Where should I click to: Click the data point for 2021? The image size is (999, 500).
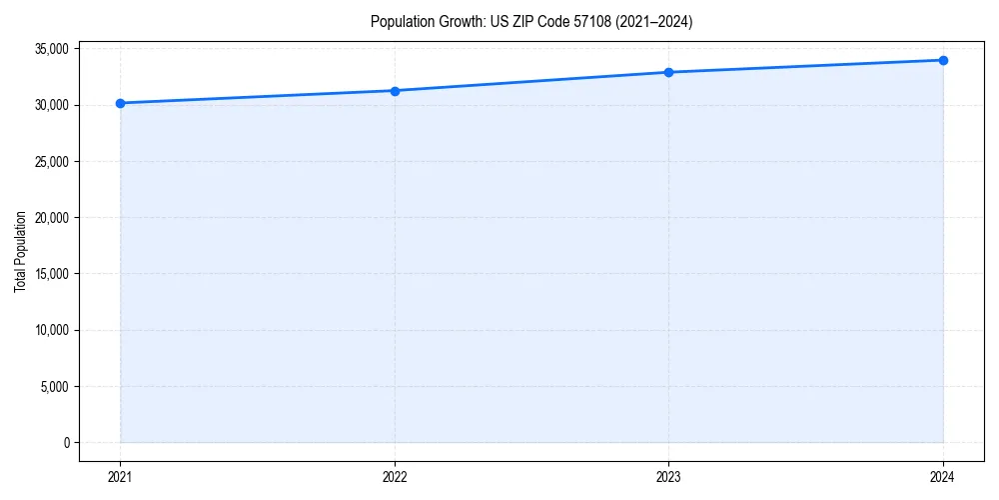tap(120, 103)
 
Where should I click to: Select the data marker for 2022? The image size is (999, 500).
tap(395, 91)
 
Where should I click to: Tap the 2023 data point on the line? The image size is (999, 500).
tap(668, 72)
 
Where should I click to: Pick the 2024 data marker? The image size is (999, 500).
tap(943, 60)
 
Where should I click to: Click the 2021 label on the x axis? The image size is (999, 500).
tap(120, 477)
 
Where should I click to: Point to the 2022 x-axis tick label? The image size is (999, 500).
tap(395, 477)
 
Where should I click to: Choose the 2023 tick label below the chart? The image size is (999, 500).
tap(668, 477)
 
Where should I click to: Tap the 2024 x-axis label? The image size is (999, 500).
tap(943, 477)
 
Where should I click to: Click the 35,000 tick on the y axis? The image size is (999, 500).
tap(51, 49)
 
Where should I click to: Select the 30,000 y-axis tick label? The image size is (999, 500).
tap(51, 105)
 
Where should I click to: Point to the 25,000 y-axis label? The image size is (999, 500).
tap(51, 161)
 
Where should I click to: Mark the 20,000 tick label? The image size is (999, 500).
tap(51, 218)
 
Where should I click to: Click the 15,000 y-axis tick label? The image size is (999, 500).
tap(51, 274)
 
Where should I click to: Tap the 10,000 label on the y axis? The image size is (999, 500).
tap(51, 330)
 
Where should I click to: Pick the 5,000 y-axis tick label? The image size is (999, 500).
tap(54, 386)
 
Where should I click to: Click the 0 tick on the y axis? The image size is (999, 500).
tap(65, 443)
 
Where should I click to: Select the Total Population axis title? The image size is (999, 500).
tap(20, 251)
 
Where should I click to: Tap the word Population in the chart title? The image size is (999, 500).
tap(400, 21)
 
